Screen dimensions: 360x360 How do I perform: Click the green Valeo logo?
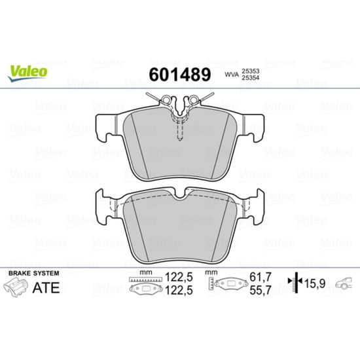[27, 73]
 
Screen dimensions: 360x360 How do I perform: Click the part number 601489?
[180, 75]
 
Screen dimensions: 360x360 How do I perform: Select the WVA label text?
[232, 75]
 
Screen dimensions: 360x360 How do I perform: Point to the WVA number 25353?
[250, 71]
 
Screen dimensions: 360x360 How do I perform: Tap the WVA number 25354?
[250, 78]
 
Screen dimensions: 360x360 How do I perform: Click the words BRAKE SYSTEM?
[34, 273]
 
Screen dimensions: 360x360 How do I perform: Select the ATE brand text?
[46, 288]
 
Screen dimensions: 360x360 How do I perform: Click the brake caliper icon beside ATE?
[16, 287]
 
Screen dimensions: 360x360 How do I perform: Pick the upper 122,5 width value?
[179, 277]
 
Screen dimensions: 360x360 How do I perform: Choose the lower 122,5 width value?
[179, 291]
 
